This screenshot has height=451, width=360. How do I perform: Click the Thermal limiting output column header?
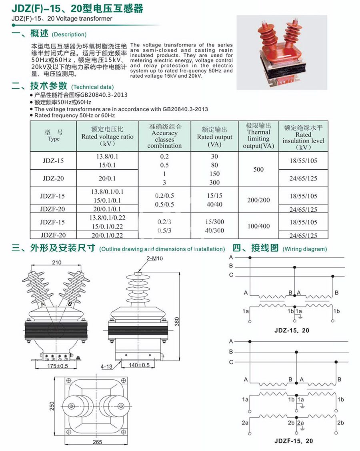(x=258, y=136)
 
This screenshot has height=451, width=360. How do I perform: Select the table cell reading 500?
(x=258, y=169)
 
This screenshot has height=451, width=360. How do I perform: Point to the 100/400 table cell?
(x=258, y=226)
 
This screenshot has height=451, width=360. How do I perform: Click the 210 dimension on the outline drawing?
(x=56, y=263)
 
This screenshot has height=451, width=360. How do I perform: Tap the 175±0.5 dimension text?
(x=58, y=366)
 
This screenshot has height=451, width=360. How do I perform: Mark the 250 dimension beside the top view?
(x=52, y=406)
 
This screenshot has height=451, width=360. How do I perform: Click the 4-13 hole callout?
(x=106, y=366)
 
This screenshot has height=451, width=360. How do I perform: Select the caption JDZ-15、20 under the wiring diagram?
(x=292, y=331)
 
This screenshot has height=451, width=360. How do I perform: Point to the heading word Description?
(x=69, y=34)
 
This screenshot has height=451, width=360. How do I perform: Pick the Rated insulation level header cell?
(x=303, y=136)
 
